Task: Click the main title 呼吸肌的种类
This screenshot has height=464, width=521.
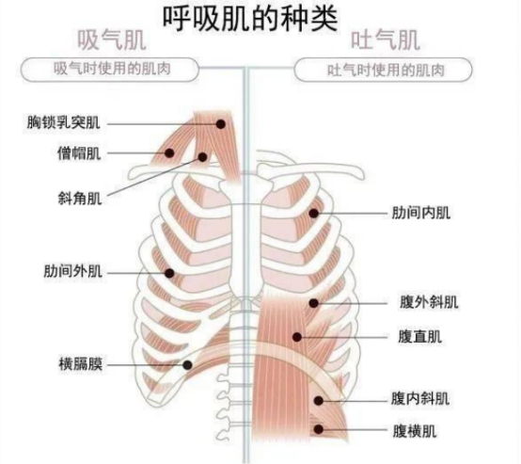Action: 250,18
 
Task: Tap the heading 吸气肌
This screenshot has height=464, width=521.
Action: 112,40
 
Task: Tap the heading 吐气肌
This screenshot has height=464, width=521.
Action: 386,40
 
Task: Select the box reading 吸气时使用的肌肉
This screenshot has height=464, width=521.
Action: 110,70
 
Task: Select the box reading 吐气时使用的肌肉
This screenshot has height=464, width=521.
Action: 383,70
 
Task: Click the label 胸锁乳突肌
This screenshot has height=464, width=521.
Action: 63,122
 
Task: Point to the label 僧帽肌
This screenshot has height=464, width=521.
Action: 79,153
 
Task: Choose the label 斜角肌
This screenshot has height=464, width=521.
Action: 80,199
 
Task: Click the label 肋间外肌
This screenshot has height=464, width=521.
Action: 72,271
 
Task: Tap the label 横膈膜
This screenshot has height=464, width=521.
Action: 81,364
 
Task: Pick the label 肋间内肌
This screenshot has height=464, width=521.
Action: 421,213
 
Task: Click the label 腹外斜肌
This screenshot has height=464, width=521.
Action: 429,302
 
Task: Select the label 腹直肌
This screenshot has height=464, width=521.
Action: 420,337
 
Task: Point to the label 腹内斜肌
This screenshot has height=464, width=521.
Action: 420,399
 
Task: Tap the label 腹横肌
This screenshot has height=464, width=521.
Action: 415,431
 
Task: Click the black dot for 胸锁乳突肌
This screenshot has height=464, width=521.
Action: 221,124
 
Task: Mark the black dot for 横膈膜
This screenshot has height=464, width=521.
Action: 187,365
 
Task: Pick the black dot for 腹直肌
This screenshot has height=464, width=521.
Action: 297,337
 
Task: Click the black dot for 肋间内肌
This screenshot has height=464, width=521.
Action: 314,214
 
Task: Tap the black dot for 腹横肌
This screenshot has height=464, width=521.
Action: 319,429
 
